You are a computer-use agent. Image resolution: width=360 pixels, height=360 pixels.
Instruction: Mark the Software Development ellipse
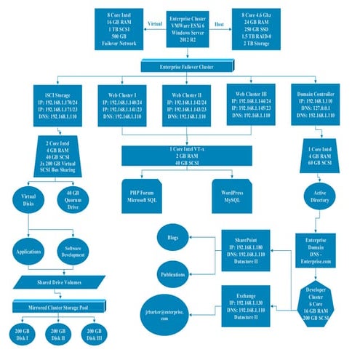pos(71,249)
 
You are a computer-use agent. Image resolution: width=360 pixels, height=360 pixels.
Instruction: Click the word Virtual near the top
pos(155,23)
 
